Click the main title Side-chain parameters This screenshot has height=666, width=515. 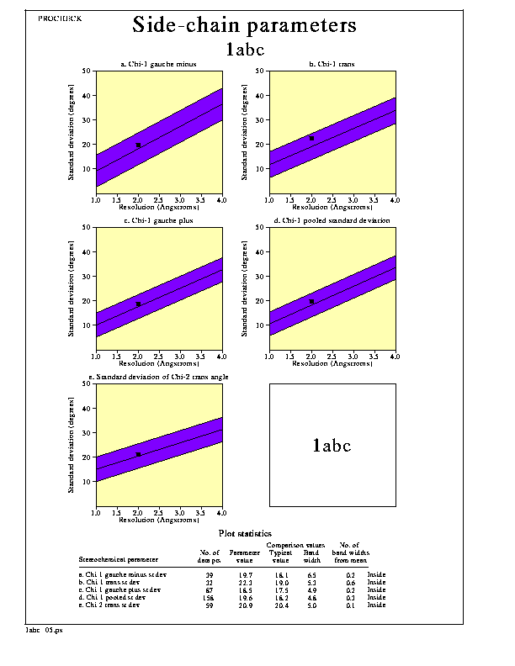coord(244,25)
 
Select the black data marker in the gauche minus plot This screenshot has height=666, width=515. coord(138,145)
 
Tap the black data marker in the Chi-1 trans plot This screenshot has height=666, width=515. coord(311,139)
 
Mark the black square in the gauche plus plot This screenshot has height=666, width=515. coord(138,304)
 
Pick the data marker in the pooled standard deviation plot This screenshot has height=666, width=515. coord(311,301)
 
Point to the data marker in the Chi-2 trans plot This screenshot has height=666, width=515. coord(138,454)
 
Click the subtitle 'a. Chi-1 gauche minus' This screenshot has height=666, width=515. coord(159,64)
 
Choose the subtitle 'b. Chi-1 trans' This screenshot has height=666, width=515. coord(332,64)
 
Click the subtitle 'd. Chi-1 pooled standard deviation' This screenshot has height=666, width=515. coord(332,220)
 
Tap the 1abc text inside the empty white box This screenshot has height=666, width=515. coord(332,446)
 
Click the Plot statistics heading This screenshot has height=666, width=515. coord(245,533)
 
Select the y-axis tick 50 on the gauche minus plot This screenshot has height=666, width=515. coord(88,71)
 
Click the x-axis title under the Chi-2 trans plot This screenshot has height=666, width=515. coord(159,520)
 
